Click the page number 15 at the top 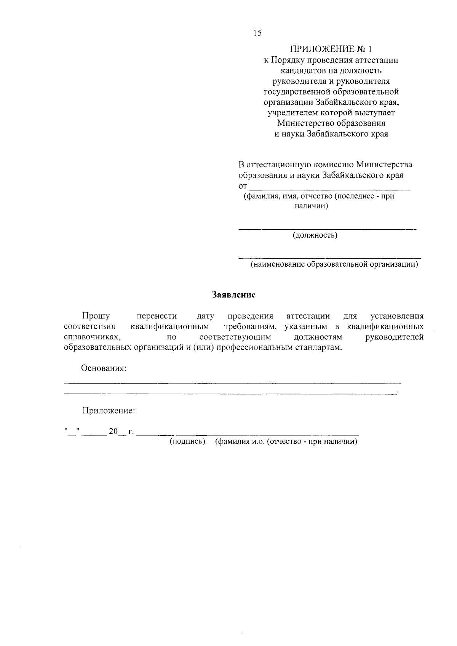tap(257, 33)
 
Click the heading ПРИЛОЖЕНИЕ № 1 tap(331, 49)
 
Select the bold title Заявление tap(233, 295)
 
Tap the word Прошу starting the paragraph tap(96, 316)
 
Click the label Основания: tap(104, 368)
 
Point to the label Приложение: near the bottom tap(109, 411)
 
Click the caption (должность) tap(315, 235)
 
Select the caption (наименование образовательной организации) tap(334, 264)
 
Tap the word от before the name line tap(243, 186)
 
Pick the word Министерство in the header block tap(302, 123)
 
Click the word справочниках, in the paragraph tap(93, 337)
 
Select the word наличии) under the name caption tap(311, 206)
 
